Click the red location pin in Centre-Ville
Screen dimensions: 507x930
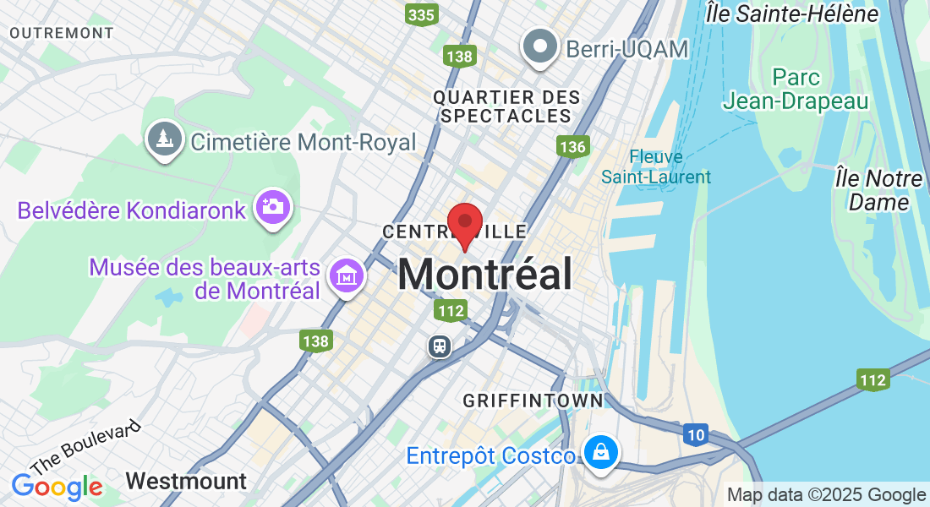pos(464,222)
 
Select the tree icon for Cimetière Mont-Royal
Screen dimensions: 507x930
pos(165,140)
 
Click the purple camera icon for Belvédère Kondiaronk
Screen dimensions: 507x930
pos(273,206)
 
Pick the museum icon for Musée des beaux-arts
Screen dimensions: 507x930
pos(347,275)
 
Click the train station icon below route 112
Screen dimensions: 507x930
pos(440,346)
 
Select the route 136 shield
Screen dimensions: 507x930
pos(572,147)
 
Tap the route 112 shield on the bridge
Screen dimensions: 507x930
pos(873,379)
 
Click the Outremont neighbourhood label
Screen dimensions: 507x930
pos(62,33)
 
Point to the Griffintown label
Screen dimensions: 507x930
pos(533,400)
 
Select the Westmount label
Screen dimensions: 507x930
pos(186,482)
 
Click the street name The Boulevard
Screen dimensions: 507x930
pos(85,449)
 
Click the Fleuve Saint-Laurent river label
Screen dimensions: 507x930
pos(656,166)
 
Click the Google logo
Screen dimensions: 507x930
pos(57,487)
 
